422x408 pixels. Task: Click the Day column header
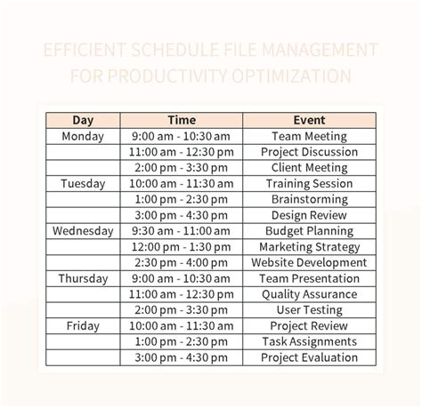pyautogui.click(x=83, y=120)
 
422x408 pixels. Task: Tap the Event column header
pyautogui.click(x=308, y=120)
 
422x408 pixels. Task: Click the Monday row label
pyautogui.click(x=83, y=136)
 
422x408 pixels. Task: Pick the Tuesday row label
pyautogui.click(x=83, y=183)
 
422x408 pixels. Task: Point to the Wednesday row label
pyautogui.click(x=83, y=231)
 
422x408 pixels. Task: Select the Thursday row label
pyautogui.click(x=83, y=278)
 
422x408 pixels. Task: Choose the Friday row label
pyautogui.click(x=83, y=326)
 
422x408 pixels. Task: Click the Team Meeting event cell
pyautogui.click(x=308, y=136)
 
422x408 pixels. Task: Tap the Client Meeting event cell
pyautogui.click(x=308, y=167)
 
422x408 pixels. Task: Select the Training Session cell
pyautogui.click(x=308, y=183)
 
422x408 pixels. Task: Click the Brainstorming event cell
pyautogui.click(x=308, y=199)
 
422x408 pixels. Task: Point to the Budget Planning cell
pyautogui.click(x=308, y=231)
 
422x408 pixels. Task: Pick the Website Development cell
pyautogui.click(x=308, y=262)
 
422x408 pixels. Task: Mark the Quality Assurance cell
pyautogui.click(x=308, y=294)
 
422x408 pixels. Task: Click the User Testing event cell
pyautogui.click(x=308, y=310)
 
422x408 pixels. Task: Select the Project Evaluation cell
pyautogui.click(x=308, y=357)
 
